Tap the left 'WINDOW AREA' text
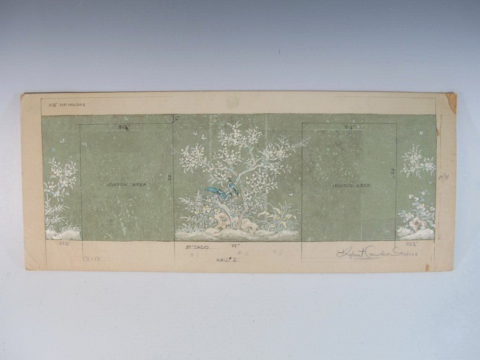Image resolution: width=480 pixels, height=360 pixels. [126, 184]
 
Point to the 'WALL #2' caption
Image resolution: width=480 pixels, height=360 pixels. [227, 259]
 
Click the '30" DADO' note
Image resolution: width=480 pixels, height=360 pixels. [198, 247]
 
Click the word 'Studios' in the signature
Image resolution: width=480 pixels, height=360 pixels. [404, 253]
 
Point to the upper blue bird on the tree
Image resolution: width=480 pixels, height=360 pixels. [233, 186]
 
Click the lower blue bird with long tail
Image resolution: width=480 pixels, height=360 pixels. [218, 192]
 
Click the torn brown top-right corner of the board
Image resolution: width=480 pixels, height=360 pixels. [451, 102]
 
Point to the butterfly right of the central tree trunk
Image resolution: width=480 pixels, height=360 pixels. [291, 194]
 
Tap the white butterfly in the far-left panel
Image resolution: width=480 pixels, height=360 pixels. [62, 141]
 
